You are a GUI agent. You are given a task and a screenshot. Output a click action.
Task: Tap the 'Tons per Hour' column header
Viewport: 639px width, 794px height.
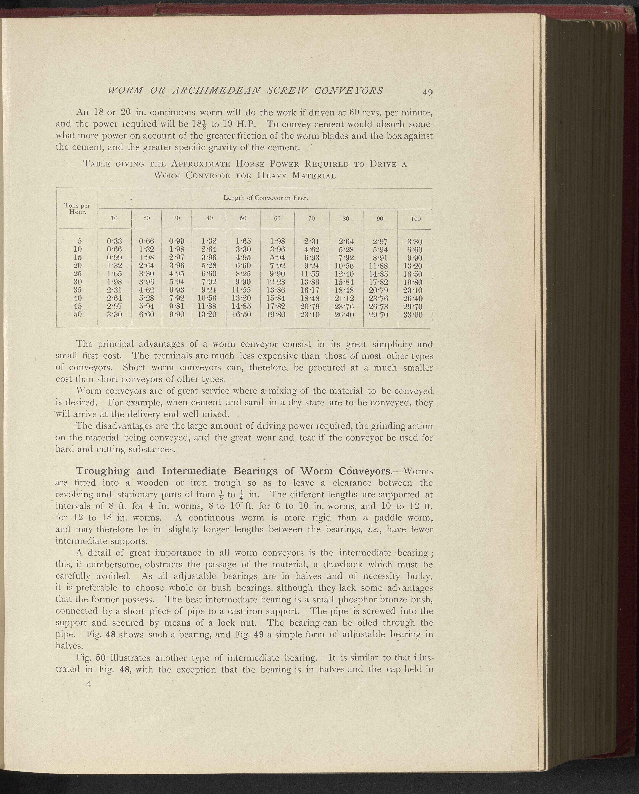[77, 209]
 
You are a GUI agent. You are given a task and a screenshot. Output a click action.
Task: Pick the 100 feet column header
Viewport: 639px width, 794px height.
[416, 219]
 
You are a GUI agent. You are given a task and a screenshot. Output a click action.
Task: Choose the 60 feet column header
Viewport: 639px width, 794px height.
[277, 218]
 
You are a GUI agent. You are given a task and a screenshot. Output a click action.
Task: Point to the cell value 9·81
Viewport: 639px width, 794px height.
[177, 306]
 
